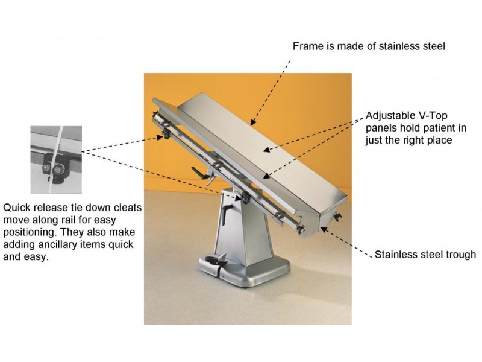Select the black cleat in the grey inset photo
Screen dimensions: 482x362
53,170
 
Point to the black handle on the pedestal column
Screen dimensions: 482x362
225,215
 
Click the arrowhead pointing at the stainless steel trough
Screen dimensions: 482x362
324,229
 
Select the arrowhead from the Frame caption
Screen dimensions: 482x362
252,122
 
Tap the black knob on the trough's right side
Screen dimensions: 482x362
338,217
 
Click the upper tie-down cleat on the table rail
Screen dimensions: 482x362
166,135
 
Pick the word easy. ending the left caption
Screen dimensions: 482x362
37,258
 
